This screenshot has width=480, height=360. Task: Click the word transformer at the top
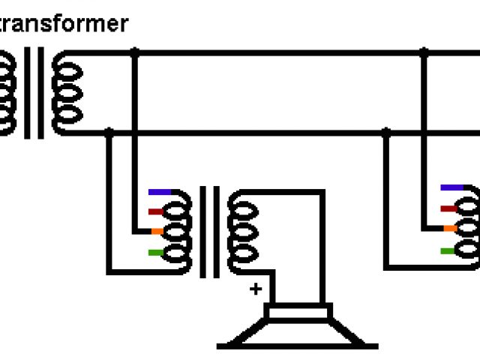[63, 24]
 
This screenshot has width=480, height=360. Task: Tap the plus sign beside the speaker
[256, 289]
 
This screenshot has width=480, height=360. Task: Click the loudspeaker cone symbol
[298, 326]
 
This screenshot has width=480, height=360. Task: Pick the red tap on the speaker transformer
[156, 211]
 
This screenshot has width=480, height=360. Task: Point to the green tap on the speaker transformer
[156, 252]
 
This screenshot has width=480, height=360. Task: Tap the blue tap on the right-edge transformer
[451, 187]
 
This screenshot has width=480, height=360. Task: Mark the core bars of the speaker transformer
[209, 231]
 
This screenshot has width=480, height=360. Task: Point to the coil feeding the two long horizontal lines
[67, 92]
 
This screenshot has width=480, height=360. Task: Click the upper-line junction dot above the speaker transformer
[135, 53]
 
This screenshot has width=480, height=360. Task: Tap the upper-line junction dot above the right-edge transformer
[424, 53]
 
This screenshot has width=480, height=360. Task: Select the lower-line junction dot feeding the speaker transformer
[109, 133]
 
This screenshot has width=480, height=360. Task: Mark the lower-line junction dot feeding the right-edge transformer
[386, 133]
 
